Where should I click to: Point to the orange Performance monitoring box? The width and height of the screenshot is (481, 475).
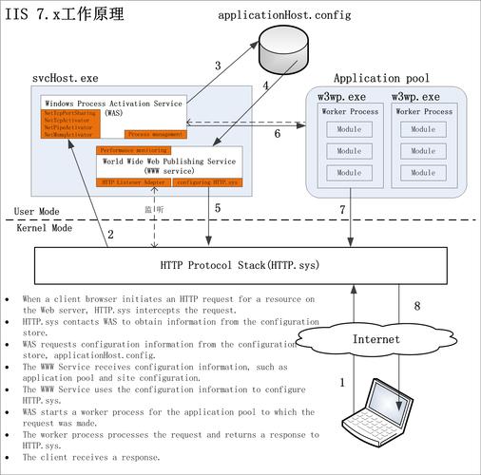(134, 150)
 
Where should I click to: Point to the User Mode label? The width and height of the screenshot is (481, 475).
(35, 211)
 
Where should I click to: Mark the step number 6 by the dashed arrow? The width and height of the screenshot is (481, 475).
(277, 134)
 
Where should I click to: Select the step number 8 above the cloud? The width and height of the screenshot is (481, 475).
(415, 306)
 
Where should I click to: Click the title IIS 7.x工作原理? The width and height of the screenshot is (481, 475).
(65, 16)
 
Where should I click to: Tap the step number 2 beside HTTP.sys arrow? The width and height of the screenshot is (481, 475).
(111, 234)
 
